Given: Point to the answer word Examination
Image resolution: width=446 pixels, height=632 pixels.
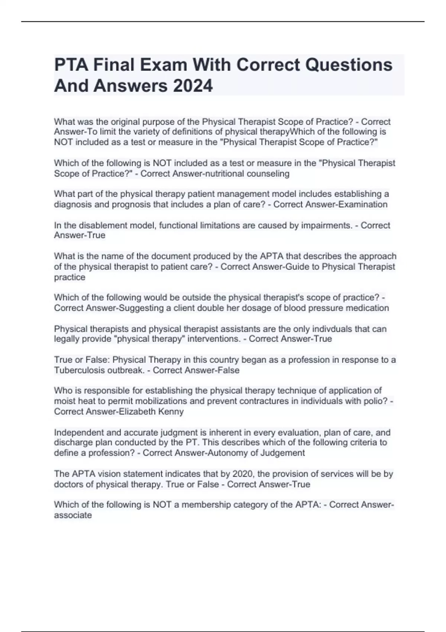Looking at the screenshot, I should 362,204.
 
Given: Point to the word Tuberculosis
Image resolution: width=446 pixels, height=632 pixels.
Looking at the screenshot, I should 79,370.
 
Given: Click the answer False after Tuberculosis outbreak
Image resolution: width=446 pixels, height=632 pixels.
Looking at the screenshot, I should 228,370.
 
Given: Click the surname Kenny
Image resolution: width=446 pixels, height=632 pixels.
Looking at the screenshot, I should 171,412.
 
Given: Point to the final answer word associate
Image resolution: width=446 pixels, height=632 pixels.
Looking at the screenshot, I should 72,515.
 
